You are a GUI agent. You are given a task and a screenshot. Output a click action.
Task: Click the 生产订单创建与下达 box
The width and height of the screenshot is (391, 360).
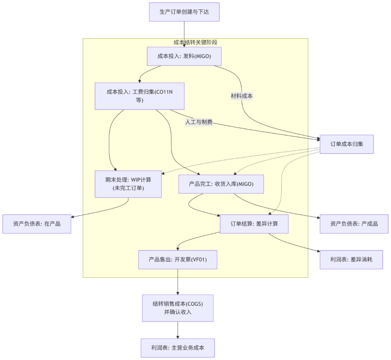pyautogui.click(x=184, y=12)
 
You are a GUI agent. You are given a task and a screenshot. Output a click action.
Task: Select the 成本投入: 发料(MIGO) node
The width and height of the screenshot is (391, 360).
pyautogui.click(x=184, y=56)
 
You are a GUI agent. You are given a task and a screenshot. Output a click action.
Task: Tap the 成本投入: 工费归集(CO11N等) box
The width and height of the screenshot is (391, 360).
pyautogui.click(x=139, y=96)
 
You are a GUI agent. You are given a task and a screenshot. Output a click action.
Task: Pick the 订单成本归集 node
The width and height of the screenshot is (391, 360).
pyautogui.click(x=346, y=144)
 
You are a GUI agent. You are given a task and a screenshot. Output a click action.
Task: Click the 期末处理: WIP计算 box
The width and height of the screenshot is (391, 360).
pyautogui.click(x=128, y=184)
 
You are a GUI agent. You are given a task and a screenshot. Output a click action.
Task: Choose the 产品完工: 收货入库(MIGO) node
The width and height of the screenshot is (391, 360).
pyautogui.click(x=221, y=184)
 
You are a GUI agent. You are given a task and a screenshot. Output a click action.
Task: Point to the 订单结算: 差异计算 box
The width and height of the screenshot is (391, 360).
pyautogui.click(x=254, y=224)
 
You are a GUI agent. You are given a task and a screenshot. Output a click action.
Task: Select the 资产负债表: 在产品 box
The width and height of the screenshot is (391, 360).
pyautogui.click(x=37, y=224)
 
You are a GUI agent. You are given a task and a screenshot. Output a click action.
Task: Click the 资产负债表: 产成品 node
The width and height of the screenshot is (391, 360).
pyautogui.click(x=354, y=224)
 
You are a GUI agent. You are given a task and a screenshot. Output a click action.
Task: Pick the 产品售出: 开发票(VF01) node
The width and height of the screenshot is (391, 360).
pyautogui.click(x=177, y=259)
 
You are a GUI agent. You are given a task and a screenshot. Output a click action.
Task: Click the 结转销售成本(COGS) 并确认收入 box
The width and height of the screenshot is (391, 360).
pyautogui.click(x=177, y=308)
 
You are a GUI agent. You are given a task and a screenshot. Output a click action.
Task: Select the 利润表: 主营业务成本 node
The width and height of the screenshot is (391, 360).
pyautogui.click(x=177, y=348)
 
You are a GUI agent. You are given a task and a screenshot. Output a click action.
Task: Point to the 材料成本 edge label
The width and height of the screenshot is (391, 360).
pyautogui.click(x=241, y=96)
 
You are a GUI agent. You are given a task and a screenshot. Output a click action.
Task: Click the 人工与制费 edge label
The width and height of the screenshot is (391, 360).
pyautogui.click(x=198, y=122)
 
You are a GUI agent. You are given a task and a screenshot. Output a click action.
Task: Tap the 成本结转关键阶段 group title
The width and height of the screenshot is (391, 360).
pyautogui.click(x=195, y=42)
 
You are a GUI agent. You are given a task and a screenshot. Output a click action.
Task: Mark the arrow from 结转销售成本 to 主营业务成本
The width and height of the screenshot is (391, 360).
pyautogui.click(x=177, y=330)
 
